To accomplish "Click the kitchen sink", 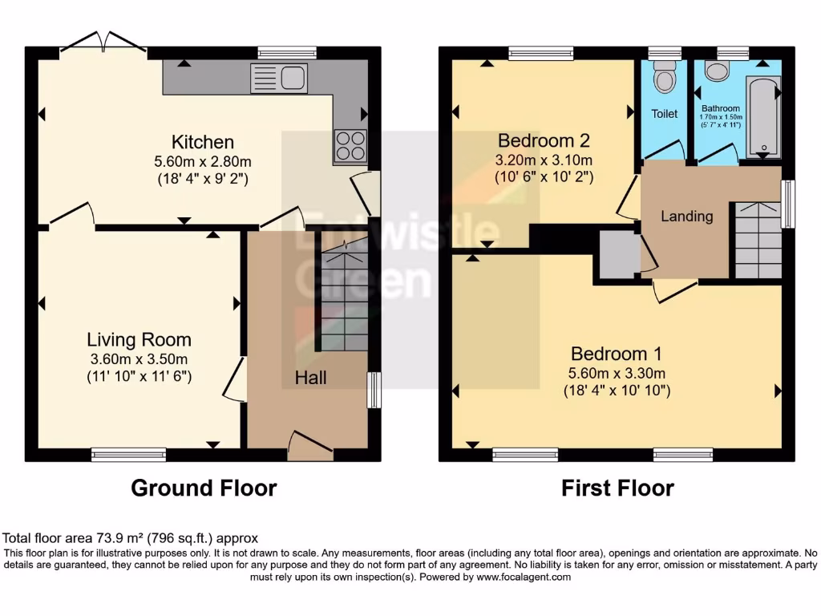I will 278,78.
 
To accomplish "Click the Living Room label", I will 140,339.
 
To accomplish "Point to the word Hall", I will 310,377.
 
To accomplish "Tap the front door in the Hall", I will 310,445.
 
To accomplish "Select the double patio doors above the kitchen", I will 102,46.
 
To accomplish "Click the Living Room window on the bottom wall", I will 128,455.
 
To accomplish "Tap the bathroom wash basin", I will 715,71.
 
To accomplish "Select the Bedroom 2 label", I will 544,140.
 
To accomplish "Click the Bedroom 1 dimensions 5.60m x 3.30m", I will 617,373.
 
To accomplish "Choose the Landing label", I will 687,216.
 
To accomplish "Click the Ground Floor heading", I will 204,488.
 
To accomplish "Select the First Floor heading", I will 617,488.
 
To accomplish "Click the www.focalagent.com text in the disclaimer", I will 523,577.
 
